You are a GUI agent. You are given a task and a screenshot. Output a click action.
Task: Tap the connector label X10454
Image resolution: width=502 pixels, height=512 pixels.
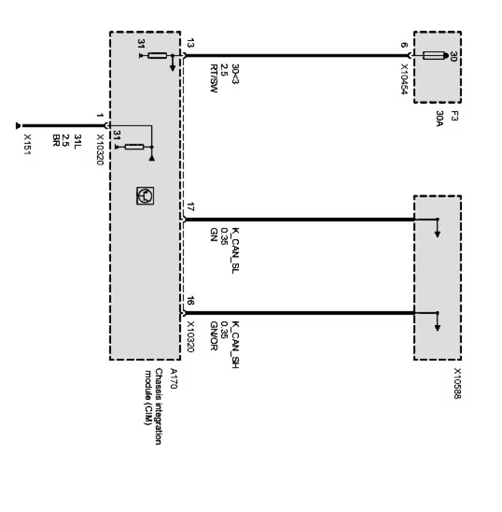404,80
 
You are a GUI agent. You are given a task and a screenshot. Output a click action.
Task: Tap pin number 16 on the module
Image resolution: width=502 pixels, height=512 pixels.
191,302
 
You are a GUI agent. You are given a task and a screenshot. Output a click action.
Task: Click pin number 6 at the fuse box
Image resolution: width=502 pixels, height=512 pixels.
404,46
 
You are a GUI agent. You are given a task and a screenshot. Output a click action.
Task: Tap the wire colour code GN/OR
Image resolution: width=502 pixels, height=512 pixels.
213,337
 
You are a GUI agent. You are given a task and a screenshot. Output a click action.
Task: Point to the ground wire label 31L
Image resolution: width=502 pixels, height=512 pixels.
77,142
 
